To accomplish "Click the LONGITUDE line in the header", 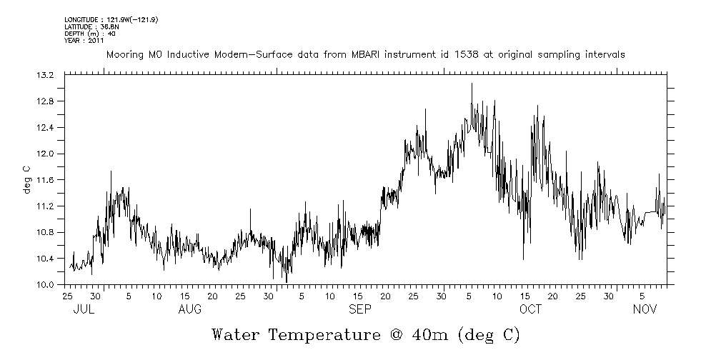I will coord(110,19).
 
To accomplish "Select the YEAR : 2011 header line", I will coord(84,41).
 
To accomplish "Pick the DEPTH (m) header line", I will coord(89,34).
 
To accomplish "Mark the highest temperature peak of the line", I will coord(472,84).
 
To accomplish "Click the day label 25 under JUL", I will coord(67,296).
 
